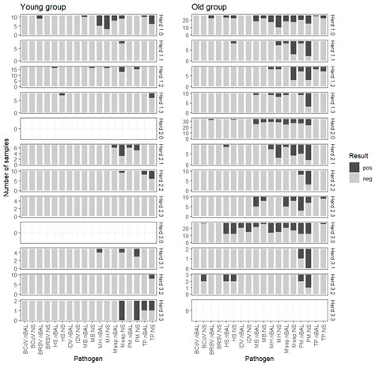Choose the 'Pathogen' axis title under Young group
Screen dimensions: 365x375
(87, 358)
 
